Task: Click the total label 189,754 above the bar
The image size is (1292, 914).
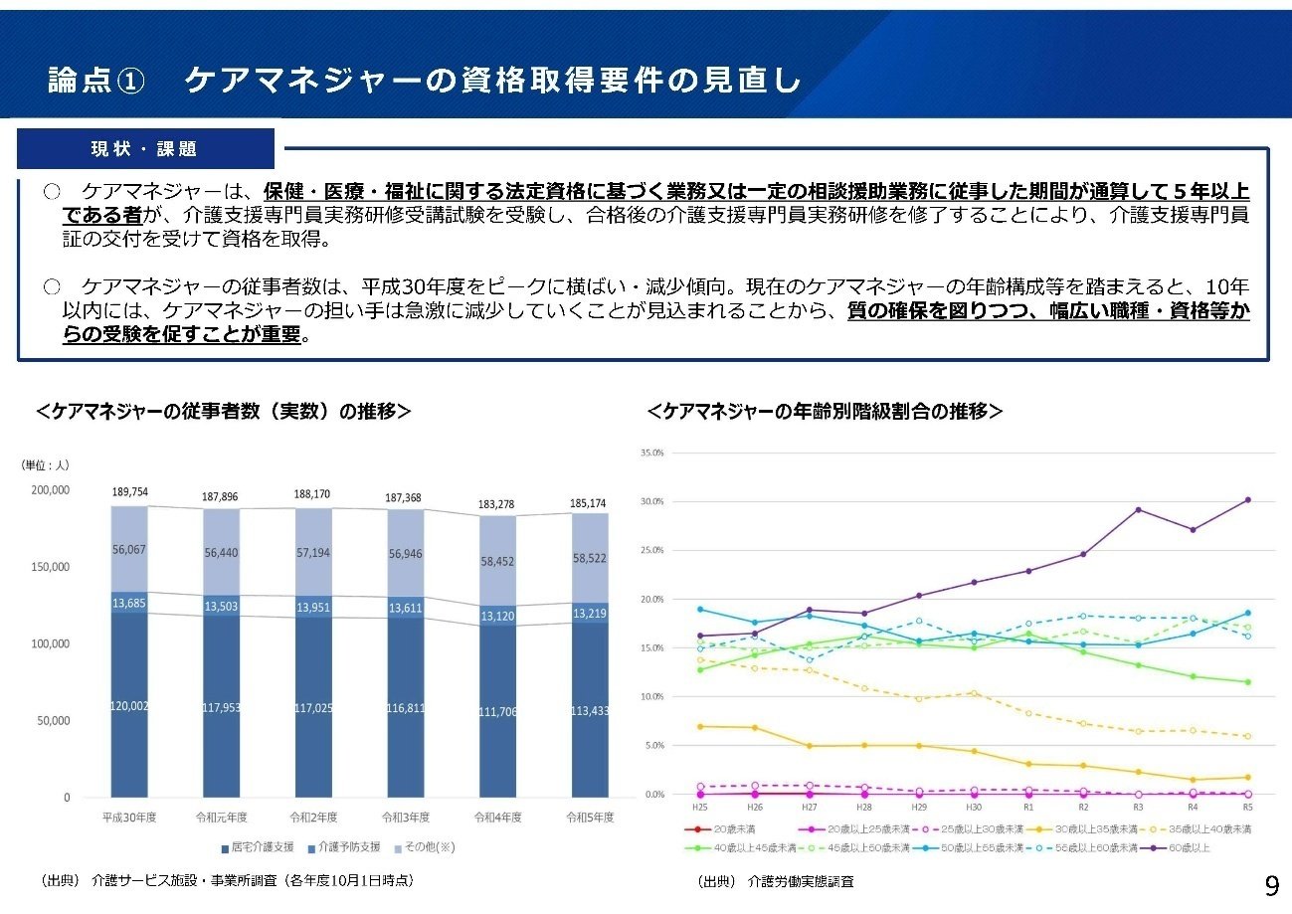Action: (x=129, y=492)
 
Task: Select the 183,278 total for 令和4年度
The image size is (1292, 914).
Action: (x=497, y=504)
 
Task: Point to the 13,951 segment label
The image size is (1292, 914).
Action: (x=313, y=607)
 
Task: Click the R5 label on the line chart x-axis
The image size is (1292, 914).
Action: (x=1247, y=807)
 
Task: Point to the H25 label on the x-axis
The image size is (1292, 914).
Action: (x=700, y=807)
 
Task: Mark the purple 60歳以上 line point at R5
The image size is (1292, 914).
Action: (x=1247, y=500)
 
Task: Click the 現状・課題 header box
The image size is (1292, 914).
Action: (x=145, y=149)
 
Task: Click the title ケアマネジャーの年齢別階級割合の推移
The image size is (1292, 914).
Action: (x=825, y=411)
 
